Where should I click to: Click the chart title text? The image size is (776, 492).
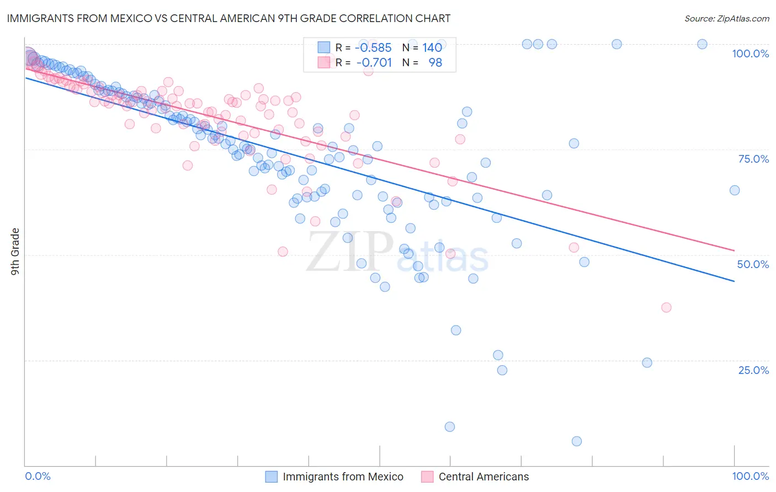(228, 18)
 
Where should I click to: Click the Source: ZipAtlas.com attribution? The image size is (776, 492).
(726, 18)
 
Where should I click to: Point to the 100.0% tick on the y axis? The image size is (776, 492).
(750, 54)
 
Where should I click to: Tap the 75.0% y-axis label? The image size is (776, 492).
(753, 159)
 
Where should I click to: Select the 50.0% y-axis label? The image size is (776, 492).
(753, 264)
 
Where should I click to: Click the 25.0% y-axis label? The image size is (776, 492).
(753, 370)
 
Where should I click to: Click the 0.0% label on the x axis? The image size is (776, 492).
(38, 476)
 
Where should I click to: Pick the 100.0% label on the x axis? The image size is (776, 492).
(750, 476)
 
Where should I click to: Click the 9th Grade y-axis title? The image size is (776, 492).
(15, 251)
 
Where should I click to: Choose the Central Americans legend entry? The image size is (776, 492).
(483, 477)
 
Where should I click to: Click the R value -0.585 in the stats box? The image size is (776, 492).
(373, 47)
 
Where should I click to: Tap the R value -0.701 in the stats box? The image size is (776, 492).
(374, 62)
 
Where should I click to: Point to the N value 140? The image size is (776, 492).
(432, 47)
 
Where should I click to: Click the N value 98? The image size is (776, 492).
(435, 62)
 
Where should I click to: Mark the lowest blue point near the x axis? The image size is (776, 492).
(577, 441)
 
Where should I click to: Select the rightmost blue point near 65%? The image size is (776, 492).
(735, 190)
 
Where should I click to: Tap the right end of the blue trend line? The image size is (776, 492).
(735, 281)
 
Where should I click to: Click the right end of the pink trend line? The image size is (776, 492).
(735, 250)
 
